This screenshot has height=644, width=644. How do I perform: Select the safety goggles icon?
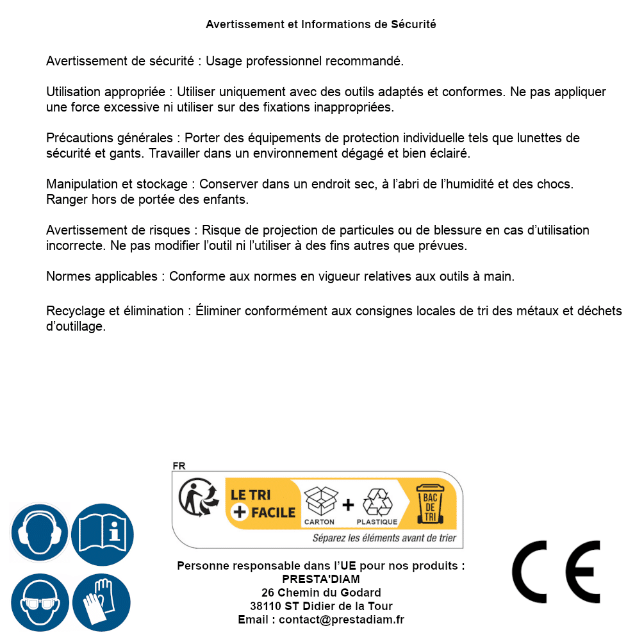[x=40, y=602]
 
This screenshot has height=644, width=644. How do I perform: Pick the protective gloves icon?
[x=103, y=602]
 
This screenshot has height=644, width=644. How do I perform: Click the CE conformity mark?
[x=556, y=572]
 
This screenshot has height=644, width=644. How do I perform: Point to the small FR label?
[x=179, y=466]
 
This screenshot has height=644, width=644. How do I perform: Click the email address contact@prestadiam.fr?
[x=342, y=620]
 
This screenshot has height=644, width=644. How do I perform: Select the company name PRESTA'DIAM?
[x=321, y=579]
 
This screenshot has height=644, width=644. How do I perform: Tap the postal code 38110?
[x=265, y=606]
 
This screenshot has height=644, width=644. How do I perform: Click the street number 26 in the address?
[x=268, y=593]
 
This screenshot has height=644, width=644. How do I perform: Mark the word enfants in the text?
[x=224, y=200]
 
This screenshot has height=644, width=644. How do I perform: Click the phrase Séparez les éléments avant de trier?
[x=384, y=538]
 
